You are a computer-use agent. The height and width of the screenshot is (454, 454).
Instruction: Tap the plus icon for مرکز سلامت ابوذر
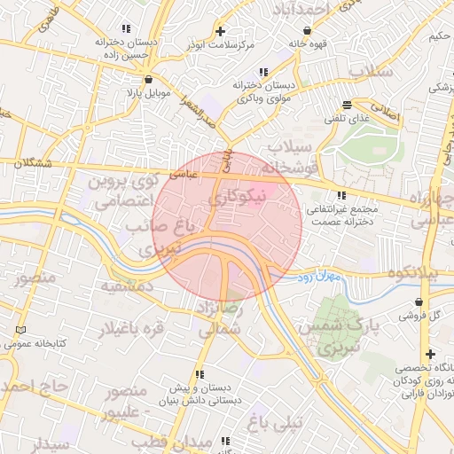point(220,31)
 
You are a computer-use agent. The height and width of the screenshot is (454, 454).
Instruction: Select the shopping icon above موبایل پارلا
point(136,79)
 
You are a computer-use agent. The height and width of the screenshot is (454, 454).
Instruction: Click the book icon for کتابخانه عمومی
point(21,331)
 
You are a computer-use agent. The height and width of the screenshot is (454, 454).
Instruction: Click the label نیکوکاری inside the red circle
point(234,198)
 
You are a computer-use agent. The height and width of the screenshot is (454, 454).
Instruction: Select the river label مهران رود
point(320,278)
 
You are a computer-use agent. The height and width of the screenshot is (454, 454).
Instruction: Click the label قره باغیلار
point(131,329)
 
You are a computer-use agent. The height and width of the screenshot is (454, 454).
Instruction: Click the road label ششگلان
point(30,163)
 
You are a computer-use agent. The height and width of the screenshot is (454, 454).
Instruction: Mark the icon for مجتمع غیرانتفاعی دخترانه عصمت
point(341,196)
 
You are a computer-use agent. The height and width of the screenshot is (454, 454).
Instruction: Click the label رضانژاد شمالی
point(222,317)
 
